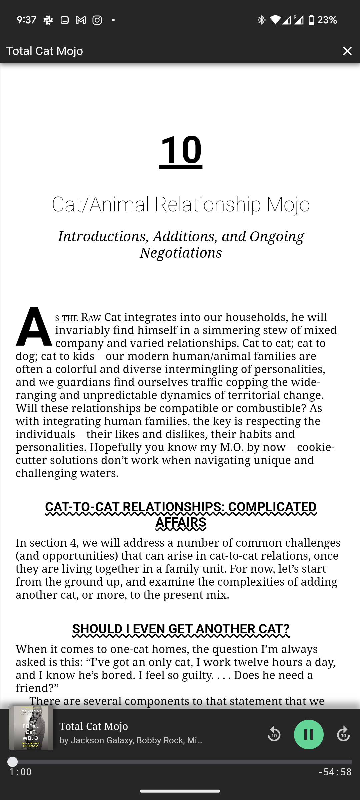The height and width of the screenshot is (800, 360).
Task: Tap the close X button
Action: [x=347, y=51]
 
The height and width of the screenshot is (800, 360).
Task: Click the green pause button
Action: [x=309, y=734]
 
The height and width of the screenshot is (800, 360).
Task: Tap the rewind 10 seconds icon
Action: [x=274, y=734]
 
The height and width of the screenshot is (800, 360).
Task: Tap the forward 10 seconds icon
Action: [x=343, y=734]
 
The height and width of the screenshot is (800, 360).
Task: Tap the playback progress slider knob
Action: [x=13, y=762]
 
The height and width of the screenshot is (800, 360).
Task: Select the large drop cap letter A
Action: [x=33, y=327]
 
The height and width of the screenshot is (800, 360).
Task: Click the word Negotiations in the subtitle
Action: [x=181, y=253]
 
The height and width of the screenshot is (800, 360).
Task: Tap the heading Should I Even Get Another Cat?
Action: [x=181, y=629]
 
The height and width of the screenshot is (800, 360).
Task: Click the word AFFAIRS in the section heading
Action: [x=181, y=522]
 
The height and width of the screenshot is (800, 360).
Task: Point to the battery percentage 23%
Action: [x=327, y=20]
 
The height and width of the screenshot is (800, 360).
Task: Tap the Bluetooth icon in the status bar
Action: [x=261, y=20]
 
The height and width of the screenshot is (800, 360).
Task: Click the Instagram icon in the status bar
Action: [x=97, y=20]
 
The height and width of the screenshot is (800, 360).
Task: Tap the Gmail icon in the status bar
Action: [x=81, y=20]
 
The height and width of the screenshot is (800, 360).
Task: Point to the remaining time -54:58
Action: [x=335, y=772]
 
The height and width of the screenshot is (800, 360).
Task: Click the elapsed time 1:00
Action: [x=21, y=772]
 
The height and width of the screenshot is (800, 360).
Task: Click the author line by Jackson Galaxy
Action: [x=131, y=740]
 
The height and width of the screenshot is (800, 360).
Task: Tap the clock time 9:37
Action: [x=26, y=20]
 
